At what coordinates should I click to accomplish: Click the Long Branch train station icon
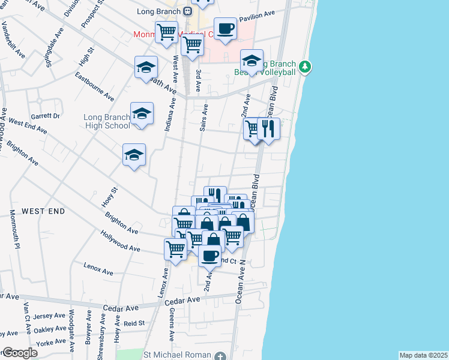(x=188, y=11)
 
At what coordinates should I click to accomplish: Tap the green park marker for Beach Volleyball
(x=306, y=65)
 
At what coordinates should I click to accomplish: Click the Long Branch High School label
(x=107, y=121)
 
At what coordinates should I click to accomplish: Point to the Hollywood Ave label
(x=120, y=241)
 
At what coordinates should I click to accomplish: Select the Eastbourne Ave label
(x=94, y=87)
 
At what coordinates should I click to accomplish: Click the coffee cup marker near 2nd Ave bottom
(x=209, y=256)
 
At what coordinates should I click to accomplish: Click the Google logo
(x=20, y=353)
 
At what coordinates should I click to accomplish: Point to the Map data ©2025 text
(x=423, y=355)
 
